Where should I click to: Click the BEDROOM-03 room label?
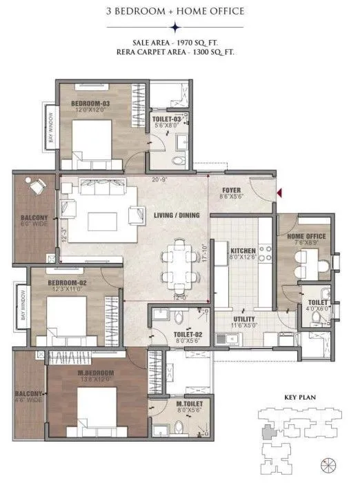[x=91, y=103]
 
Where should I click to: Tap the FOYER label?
[x=232, y=191]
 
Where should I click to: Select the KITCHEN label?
[x=243, y=250]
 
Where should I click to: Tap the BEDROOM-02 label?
[x=66, y=283]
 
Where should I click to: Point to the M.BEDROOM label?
[x=94, y=375]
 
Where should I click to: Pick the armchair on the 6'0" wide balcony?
[x=32, y=186]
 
